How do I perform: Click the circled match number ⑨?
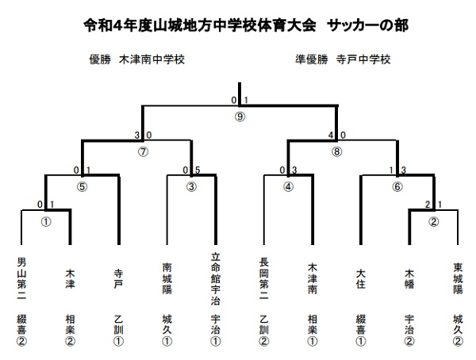[240, 117]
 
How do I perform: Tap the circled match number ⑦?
[143, 151]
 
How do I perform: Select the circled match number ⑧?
[336, 151]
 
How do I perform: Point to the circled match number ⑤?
[82, 186]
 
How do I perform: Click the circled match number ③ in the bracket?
[191, 186]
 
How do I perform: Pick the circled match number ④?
[288, 186]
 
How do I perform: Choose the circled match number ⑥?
[397, 186]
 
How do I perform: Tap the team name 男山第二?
[21, 278]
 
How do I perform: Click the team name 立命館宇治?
[216, 278]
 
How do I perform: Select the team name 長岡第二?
[264, 278]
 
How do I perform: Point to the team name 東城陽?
[458, 278]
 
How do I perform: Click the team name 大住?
[361, 278]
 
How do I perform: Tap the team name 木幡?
[409, 278]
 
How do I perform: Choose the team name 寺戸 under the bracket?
[118, 278]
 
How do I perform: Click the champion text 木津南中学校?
[152, 59]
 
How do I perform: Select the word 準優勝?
[312, 59]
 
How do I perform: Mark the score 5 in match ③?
[198, 170]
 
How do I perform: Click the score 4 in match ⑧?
[331, 135]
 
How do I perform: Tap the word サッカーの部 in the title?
[367, 25]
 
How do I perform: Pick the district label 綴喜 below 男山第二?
[21, 324]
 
